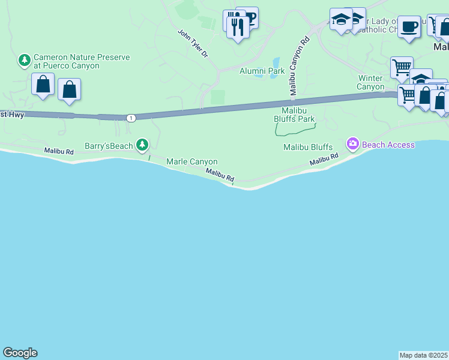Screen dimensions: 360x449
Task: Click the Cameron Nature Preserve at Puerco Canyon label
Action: (82, 61)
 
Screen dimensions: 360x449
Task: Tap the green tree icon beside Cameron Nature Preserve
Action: (25, 60)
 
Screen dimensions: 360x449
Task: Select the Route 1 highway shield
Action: (130, 118)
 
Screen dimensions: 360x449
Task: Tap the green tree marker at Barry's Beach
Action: (142, 145)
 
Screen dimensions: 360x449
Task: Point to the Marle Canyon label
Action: (191, 161)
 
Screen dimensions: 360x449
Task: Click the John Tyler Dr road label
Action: (193, 43)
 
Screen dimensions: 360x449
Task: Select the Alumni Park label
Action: (262, 71)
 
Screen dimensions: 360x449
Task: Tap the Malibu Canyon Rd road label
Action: (299, 66)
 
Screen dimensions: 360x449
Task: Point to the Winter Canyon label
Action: (371, 82)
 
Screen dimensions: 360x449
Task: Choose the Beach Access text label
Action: (388, 145)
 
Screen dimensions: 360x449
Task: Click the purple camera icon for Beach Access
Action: (352, 143)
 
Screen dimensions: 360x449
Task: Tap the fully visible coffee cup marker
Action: (409, 27)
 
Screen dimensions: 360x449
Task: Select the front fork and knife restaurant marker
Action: (238, 26)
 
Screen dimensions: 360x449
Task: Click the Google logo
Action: (20, 353)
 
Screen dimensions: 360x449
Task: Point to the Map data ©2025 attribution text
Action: (424, 355)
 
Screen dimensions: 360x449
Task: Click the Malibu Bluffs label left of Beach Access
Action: (308, 147)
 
